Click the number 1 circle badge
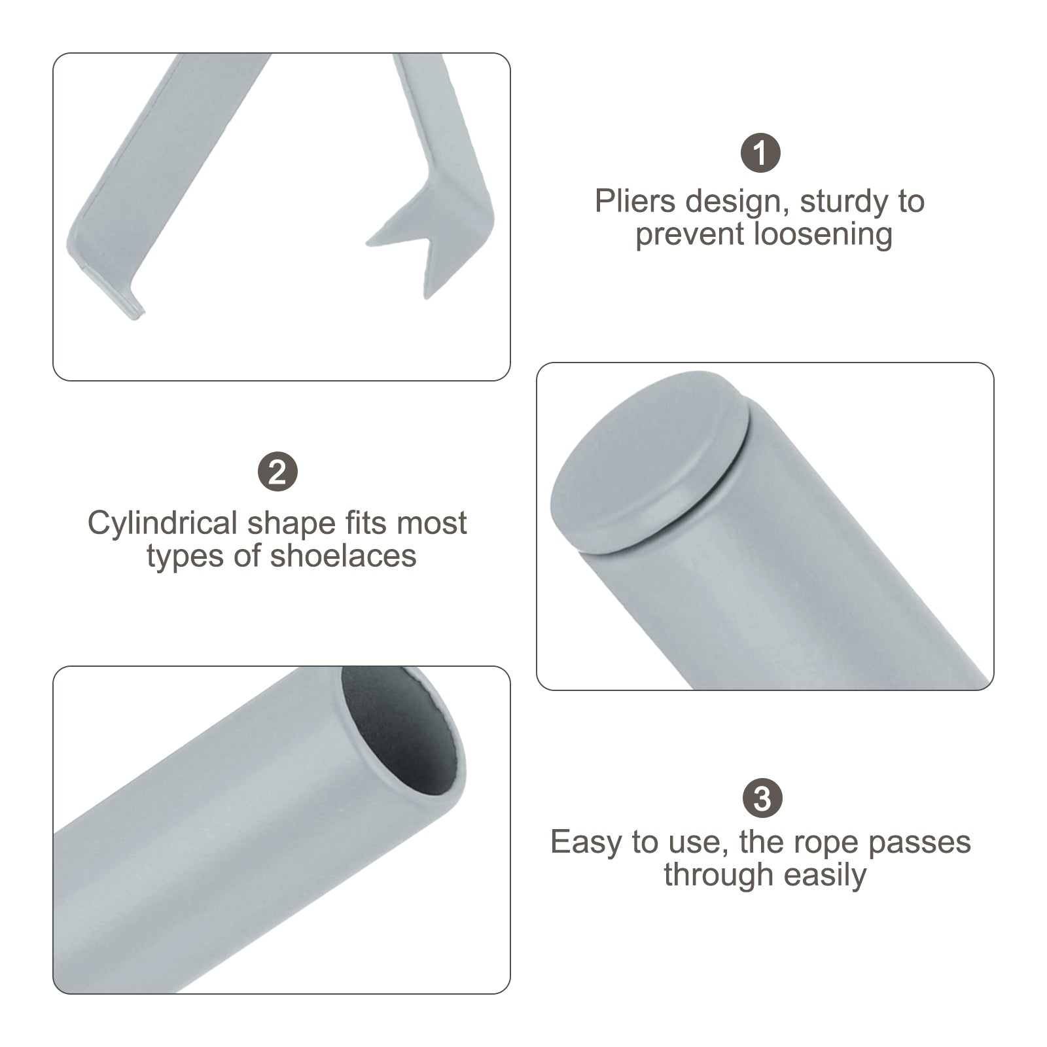760,153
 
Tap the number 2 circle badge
277,472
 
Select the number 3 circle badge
762,798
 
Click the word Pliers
635,202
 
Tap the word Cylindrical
162,524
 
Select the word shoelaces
343,556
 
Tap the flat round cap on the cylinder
648,461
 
